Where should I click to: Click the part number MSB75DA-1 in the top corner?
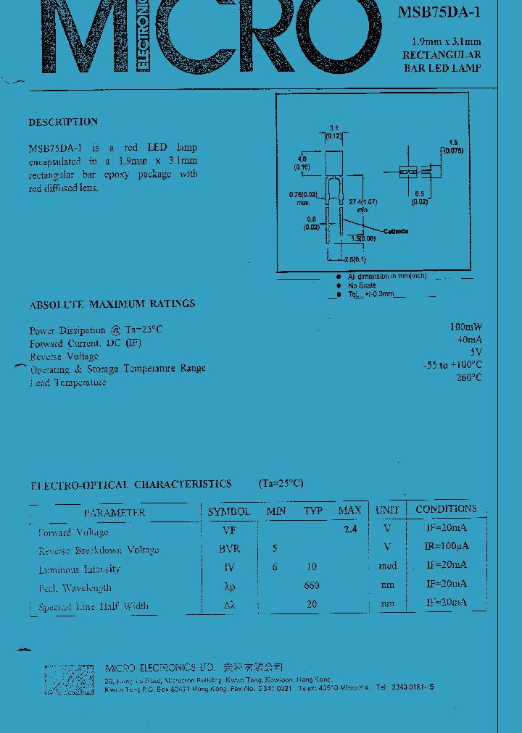coord(439,12)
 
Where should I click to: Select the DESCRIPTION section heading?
coord(63,122)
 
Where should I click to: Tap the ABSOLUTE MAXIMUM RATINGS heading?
coord(112,303)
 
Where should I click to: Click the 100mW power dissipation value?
coord(465,327)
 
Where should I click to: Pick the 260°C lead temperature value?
coord(468,377)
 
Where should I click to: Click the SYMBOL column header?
coord(229,511)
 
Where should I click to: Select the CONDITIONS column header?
coord(446,509)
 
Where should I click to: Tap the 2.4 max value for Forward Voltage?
coord(350,529)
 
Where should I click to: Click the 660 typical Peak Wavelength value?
coord(312,585)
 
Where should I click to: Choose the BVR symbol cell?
coord(229,549)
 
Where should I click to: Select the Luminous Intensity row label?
coord(80,569)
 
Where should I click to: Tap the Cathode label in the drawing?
coord(396,231)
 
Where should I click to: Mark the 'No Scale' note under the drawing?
coord(362,285)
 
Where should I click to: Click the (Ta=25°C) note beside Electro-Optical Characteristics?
coord(281,483)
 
